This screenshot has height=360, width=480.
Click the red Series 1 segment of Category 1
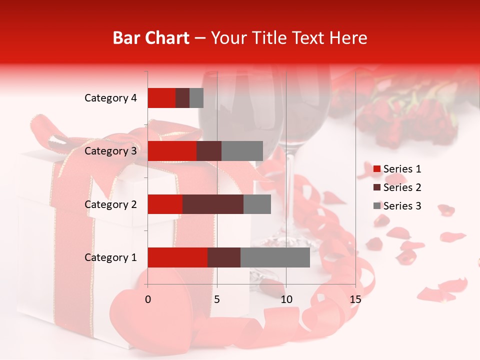[x=177, y=257]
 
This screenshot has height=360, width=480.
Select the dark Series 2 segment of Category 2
[x=213, y=204]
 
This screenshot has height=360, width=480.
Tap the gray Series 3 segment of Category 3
[x=242, y=151]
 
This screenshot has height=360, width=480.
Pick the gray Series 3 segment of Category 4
[x=196, y=98]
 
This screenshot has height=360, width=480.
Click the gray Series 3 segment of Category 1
[x=275, y=257]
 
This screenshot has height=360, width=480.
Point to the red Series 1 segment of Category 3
[x=172, y=151]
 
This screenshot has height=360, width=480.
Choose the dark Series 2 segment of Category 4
[x=182, y=98]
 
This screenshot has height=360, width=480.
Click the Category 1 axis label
[x=110, y=257]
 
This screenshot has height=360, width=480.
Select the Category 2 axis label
[x=110, y=204]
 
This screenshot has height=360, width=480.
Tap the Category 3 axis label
[x=110, y=151]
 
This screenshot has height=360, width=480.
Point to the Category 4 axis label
[x=110, y=98]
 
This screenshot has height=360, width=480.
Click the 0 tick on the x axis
[x=148, y=299]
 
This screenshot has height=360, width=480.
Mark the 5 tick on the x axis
[x=217, y=299]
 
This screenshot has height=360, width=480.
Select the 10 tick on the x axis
[x=286, y=299]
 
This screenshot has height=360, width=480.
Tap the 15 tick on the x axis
[x=355, y=299]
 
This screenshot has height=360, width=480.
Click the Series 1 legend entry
[x=397, y=169]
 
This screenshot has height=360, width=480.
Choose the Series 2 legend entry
[x=397, y=187]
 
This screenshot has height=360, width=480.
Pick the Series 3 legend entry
[x=397, y=206]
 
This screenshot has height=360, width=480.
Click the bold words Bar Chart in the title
[x=151, y=38]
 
